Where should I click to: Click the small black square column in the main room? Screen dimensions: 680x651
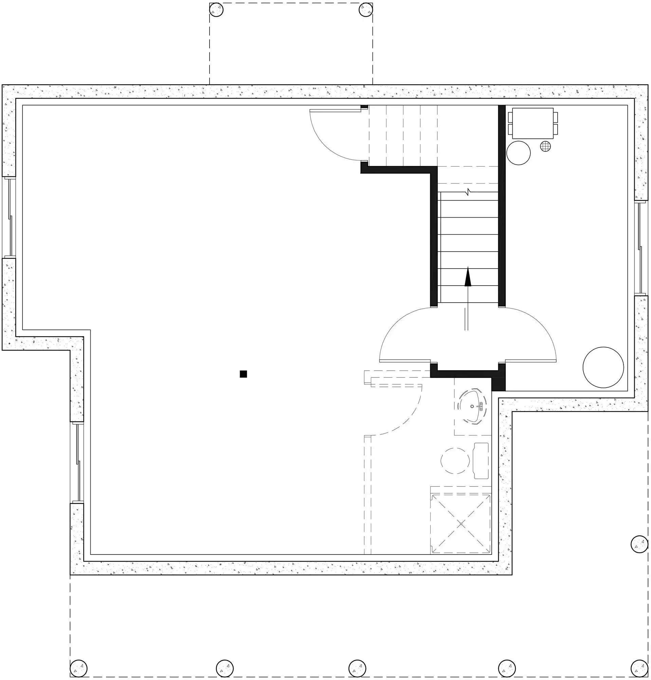[243, 374]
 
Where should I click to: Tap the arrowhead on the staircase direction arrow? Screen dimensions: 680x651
[468, 277]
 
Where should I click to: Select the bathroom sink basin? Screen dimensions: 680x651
[473, 406]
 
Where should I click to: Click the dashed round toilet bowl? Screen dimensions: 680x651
[455, 461]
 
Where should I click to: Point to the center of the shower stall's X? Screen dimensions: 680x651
[461, 524]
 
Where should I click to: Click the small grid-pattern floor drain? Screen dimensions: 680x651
[545, 147]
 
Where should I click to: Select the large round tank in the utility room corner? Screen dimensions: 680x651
[603, 368]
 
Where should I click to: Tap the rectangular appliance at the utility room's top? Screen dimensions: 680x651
[532, 123]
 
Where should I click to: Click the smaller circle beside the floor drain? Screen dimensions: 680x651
[518, 153]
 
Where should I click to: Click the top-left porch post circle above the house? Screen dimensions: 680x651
[216, 10]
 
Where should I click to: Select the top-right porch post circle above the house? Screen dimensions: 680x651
[365, 10]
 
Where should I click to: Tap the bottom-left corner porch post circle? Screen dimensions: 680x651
[78, 668]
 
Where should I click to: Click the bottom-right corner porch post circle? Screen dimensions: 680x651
[639, 668]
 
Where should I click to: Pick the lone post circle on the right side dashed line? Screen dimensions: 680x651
[639, 544]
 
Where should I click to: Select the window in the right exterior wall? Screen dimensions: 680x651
[641, 248]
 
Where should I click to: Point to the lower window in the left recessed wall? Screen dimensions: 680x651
[77, 463]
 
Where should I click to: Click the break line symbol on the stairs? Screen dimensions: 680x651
[468, 192]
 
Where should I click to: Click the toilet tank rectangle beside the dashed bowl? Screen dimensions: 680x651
[481, 461]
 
